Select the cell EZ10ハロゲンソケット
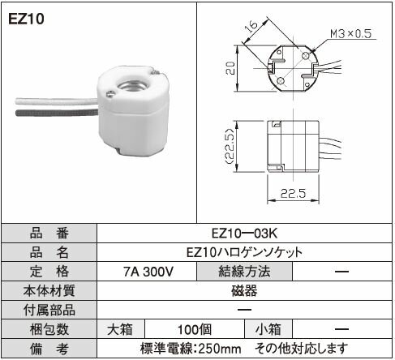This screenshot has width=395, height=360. [244, 251]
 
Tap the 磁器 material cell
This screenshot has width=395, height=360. [244, 291]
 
